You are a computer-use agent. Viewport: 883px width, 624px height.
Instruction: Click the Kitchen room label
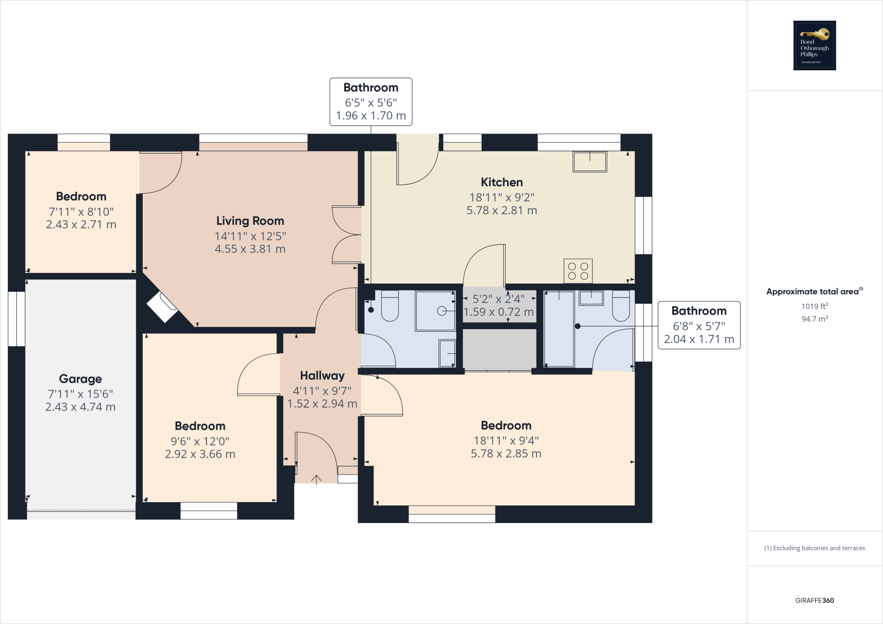[502, 182]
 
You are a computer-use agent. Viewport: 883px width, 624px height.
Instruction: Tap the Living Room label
[250, 221]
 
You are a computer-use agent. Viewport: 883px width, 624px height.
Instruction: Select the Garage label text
[81, 379]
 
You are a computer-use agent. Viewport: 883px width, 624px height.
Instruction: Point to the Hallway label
[322, 376]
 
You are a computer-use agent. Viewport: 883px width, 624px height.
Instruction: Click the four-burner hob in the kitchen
[578, 271]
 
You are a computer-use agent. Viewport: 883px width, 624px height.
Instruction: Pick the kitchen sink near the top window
[590, 162]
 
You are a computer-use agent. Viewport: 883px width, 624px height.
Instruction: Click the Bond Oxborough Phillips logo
[814, 45]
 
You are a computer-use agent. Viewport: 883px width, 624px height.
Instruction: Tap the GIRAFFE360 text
[814, 600]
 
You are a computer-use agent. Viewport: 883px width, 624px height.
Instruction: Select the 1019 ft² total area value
[814, 306]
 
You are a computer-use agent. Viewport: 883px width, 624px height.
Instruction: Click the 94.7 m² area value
[814, 319]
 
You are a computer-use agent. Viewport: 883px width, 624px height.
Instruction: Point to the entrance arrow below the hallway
[316, 480]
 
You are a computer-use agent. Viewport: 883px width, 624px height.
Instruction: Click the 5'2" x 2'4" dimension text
[498, 299]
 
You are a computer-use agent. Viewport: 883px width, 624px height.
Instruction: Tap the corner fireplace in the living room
[162, 306]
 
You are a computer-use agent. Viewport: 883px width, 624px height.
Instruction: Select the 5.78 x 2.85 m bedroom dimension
[506, 453]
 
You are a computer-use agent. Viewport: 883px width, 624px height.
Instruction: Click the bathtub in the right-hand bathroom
[559, 329]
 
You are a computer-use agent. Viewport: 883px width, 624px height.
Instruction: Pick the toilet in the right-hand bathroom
[621, 306]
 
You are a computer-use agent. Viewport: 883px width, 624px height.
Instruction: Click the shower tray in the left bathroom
[435, 311]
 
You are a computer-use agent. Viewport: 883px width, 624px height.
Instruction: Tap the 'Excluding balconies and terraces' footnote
[814, 548]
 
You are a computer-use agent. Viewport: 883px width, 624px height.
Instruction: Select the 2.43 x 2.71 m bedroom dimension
[81, 225]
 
